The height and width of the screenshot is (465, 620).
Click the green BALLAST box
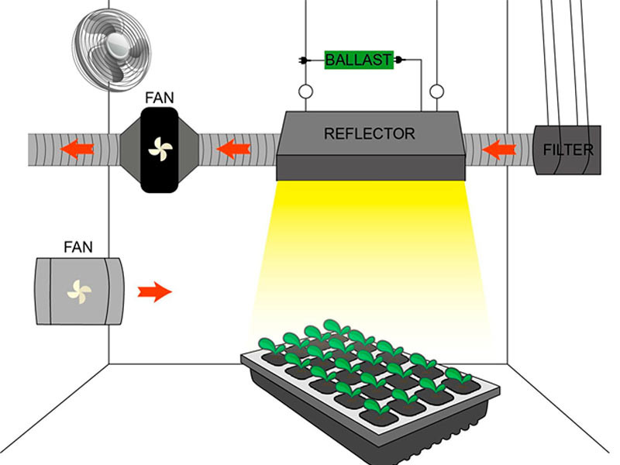(358, 60)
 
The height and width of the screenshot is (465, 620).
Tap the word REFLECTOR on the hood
(369, 133)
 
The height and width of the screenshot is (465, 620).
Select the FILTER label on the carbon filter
(568, 149)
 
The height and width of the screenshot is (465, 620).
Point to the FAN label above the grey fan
(77, 248)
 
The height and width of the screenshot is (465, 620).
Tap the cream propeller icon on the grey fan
(79, 291)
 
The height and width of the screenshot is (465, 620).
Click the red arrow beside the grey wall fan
(154, 292)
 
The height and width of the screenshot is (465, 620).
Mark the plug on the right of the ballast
(400, 59)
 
